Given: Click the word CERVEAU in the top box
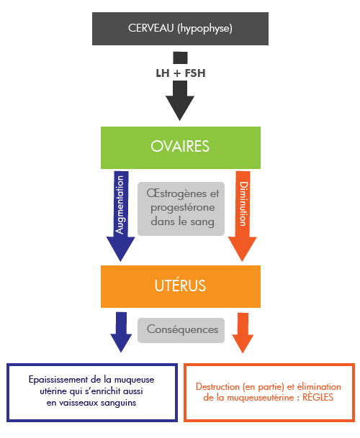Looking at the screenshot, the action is tap(150, 28).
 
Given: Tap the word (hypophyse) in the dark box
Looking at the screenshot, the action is tap(204, 29).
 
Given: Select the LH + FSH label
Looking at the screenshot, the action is tap(181, 73).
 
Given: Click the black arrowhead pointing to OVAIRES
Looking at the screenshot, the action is tap(180, 108).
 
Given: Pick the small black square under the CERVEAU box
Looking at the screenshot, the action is tap(180, 58).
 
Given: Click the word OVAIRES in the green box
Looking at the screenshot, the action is tap(180, 147).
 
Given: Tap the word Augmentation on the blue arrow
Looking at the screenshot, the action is tap(120, 205).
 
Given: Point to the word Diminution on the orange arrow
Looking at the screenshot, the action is tap(243, 204).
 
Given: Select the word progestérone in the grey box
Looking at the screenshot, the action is tap(183, 208).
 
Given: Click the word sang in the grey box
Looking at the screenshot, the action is tap(202, 222).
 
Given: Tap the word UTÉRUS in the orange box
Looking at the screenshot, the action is tap(181, 286).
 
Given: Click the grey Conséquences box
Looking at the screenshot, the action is tap(181, 330).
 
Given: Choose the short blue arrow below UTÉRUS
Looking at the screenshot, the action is tap(121, 332).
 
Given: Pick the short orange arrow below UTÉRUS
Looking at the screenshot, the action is tap(243, 333).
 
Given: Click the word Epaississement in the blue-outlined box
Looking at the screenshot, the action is tap(58, 380).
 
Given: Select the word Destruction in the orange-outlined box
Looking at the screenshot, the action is tap(218, 387).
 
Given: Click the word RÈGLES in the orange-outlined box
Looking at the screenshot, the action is tap(318, 397).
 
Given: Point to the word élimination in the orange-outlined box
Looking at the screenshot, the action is tap(319, 387).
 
